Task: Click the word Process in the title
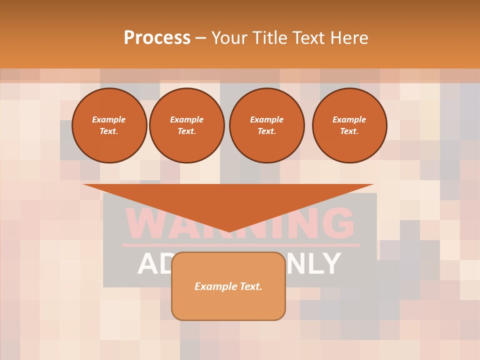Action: [x=157, y=37]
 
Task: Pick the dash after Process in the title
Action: [x=200, y=38]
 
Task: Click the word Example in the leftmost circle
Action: [x=109, y=119]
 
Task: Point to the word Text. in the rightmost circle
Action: [x=349, y=131]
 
